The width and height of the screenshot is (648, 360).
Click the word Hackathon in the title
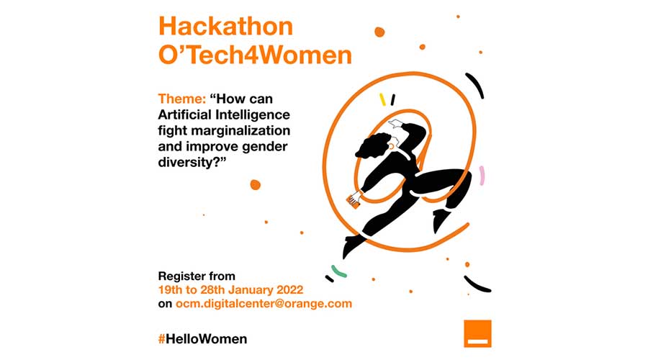tap(225, 26)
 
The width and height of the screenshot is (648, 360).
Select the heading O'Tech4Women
tap(255, 55)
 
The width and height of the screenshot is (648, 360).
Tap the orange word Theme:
tap(182, 99)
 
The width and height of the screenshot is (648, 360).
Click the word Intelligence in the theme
tap(253, 114)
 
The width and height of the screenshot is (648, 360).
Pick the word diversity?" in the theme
tap(192, 162)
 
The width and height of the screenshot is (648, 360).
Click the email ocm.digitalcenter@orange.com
tap(264, 304)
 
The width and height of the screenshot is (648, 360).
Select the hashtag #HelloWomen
tap(202, 339)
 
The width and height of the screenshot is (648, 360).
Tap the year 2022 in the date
tap(289, 289)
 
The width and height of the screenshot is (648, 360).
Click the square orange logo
tap(477, 333)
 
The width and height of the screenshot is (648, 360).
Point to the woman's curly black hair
tap(373, 145)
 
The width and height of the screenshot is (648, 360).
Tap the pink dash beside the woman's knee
tap(482, 175)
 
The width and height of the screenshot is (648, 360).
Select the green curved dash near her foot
tap(339, 271)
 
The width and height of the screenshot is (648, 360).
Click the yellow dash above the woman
tap(383, 99)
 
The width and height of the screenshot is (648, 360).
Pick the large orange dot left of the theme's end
tap(256, 185)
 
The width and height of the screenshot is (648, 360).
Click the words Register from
tap(197, 276)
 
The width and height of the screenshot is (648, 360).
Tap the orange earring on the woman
tap(391, 147)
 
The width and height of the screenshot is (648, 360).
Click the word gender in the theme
tap(264, 147)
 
